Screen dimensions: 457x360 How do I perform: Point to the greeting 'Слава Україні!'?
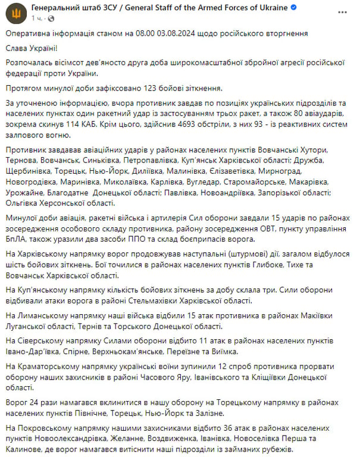[x=33, y=49]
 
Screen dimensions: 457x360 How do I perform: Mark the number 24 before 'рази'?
[x=36, y=402]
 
